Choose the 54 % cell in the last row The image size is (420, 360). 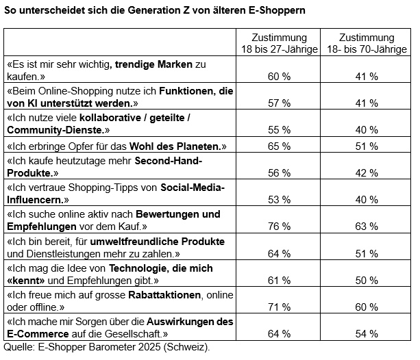pyautogui.click(x=366, y=334)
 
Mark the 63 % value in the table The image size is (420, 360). pyautogui.click(x=366, y=227)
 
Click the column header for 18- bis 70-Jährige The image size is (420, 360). pyautogui.click(x=366, y=43)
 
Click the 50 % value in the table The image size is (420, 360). pyautogui.click(x=366, y=281)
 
